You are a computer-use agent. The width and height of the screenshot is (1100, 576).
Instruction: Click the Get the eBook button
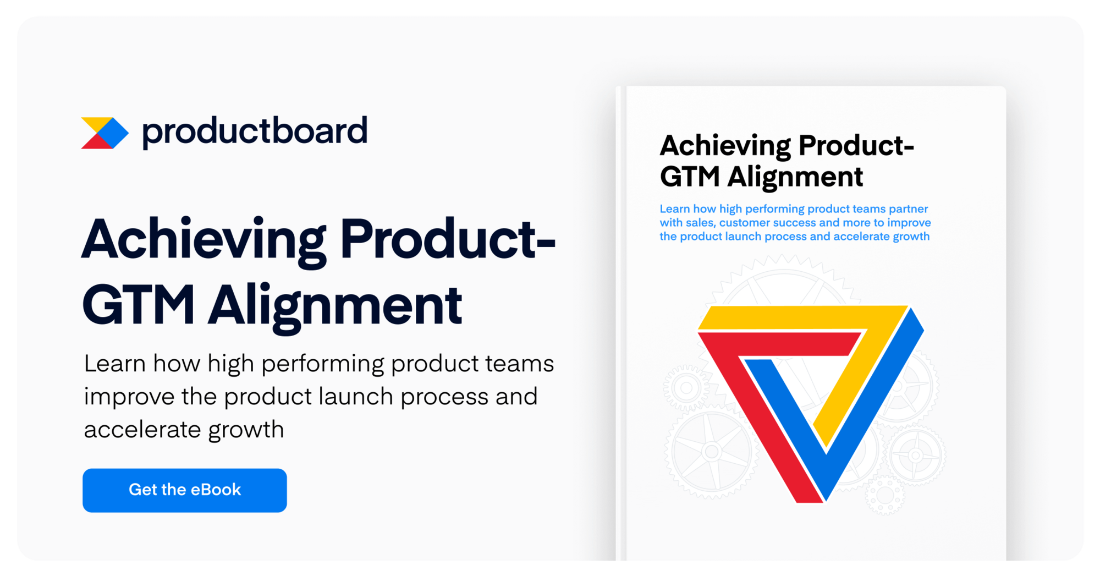tap(184, 490)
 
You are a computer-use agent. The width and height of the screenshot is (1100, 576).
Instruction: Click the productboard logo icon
tap(105, 133)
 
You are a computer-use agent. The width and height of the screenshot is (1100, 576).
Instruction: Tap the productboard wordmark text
tap(254, 131)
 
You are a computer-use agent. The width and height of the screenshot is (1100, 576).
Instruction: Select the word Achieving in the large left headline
tap(204, 240)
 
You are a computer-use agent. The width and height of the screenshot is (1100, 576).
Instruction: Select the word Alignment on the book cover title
tap(795, 177)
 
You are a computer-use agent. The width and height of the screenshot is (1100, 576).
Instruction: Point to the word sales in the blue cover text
tap(699, 223)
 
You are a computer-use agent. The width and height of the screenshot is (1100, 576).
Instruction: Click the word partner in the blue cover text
tap(908, 209)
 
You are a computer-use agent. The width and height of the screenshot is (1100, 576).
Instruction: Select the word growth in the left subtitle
tap(246, 430)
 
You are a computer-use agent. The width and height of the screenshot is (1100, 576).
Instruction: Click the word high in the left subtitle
tap(231, 364)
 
